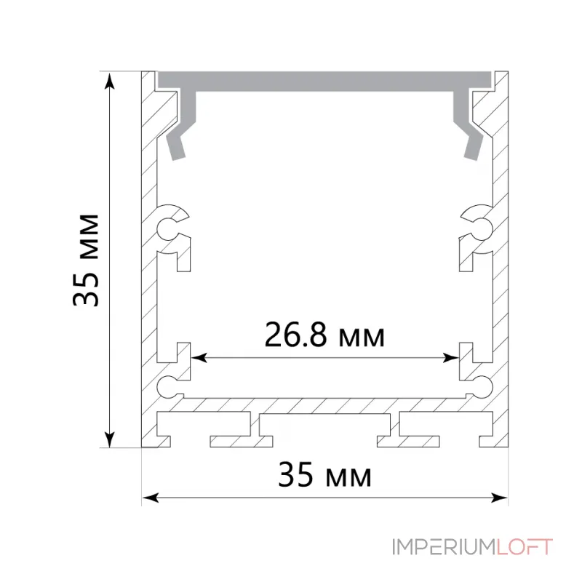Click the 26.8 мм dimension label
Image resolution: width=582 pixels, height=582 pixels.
[x=324, y=335]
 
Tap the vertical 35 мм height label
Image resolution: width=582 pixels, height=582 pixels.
[x=86, y=260]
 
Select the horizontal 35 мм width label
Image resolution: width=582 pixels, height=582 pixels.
[x=324, y=475]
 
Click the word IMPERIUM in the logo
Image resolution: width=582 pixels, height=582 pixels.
[x=444, y=547]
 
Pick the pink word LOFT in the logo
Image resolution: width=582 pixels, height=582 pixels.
[x=524, y=547]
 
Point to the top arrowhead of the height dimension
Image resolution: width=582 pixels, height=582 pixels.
[x=110, y=81]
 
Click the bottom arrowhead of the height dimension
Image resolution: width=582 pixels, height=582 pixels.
[x=110, y=439]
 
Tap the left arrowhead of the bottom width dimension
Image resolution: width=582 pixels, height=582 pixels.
[x=151, y=498]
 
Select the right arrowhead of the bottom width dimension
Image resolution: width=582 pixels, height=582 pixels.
[x=500, y=498]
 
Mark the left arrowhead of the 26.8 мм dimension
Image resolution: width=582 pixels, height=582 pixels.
[x=199, y=358]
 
